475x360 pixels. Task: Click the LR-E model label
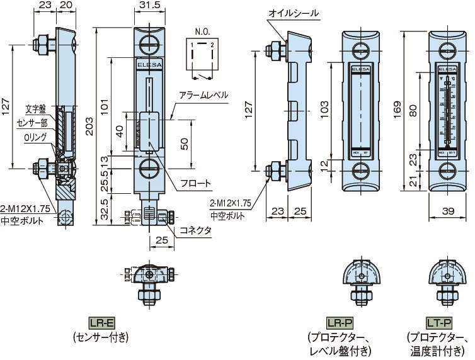pos(101,323)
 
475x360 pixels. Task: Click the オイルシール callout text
pos(294,13)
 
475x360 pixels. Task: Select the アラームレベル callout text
pos(203,95)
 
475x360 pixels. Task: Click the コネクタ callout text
pos(196,230)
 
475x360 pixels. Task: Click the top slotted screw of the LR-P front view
pos(360,45)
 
